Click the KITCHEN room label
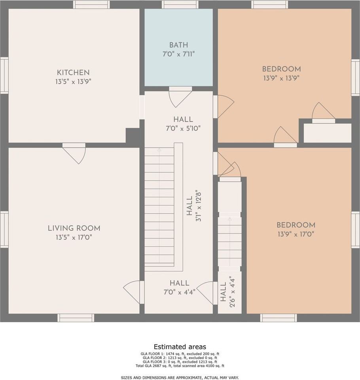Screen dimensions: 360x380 [x=73, y=72]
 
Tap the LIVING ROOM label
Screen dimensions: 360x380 [x=74, y=228]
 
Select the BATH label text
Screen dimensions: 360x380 [x=178, y=45]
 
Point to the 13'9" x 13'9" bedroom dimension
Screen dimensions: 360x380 [x=282, y=78]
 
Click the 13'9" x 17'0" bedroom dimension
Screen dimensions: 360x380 [x=296, y=234]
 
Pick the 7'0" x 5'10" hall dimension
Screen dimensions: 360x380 [x=183, y=128]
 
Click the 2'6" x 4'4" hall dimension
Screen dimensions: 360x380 [x=232, y=292]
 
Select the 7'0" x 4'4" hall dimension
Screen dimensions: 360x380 [x=179, y=292]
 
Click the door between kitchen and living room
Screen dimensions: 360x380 [x=74, y=153]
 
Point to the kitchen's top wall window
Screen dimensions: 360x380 [x=91, y=4]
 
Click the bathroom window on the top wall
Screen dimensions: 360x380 [x=180, y=4]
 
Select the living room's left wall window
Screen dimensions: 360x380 [x=4, y=230]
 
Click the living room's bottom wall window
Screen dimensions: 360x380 [x=76, y=318]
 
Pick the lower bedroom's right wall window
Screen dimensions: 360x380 [x=356, y=230]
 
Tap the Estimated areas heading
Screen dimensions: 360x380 [x=180, y=347]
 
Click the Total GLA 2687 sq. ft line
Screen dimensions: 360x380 [x=180, y=366]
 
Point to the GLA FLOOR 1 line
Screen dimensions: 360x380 [x=180, y=354]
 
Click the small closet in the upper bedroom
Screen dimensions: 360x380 [x=328, y=133]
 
